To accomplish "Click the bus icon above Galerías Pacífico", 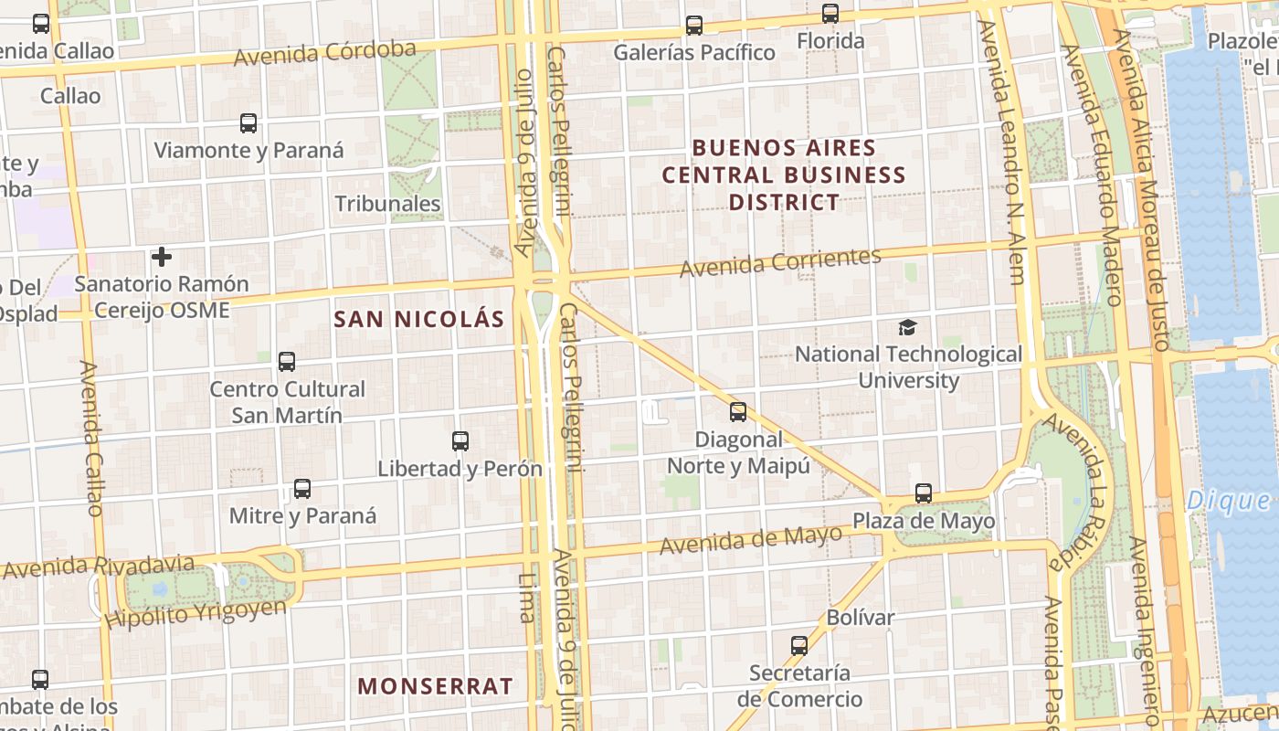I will coord(694,26).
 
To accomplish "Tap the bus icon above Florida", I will coord(830,14).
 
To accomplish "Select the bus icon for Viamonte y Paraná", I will coord(248,123).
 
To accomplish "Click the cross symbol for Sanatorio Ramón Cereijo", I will coord(162,257).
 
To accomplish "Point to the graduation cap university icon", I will coord(907,327).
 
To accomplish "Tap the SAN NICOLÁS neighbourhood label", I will coord(419,319).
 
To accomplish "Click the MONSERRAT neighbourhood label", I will coord(435,686).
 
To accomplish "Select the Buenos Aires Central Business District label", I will coord(783,175).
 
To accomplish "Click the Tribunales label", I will coord(388,203).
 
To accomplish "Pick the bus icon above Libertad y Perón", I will coord(460,441).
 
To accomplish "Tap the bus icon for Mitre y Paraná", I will coord(302,489).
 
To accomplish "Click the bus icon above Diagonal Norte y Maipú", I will coord(738,412).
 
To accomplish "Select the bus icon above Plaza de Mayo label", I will coord(924,493).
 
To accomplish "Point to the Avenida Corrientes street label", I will coord(780,262).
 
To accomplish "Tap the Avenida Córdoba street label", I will coord(325,53).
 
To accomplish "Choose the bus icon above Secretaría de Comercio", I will coord(799,646).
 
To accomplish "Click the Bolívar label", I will coord(861,618).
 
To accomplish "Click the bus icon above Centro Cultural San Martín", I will coord(287,362).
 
